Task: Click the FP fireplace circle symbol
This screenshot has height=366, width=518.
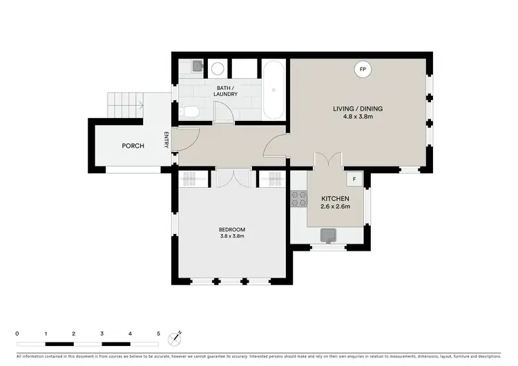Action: tap(363, 69)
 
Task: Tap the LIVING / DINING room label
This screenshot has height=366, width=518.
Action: tap(358, 108)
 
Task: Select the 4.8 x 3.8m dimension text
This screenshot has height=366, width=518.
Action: tap(358, 117)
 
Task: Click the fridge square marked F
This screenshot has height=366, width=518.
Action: tap(354, 179)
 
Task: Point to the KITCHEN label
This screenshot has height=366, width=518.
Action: tap(336, 198)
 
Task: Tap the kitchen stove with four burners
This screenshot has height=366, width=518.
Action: tap(299, 198)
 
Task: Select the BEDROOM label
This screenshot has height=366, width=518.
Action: tap(232, 229)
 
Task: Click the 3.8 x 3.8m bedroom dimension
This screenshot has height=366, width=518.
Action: tap(232, 236)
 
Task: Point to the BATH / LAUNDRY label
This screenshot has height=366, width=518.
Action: tap(227, 90)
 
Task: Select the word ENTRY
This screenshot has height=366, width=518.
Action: tap(166, 140)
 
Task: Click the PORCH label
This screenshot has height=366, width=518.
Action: tap(133, 146)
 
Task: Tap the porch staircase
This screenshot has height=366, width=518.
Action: tap(125, 106)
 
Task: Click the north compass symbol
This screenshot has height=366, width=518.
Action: tap(178, 336)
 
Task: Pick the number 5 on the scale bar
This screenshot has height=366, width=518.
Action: tap(159, 334)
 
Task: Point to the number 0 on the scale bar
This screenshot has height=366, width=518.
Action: tap(17, 334)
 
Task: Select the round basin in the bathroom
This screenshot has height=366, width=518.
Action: tap(216, 68)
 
